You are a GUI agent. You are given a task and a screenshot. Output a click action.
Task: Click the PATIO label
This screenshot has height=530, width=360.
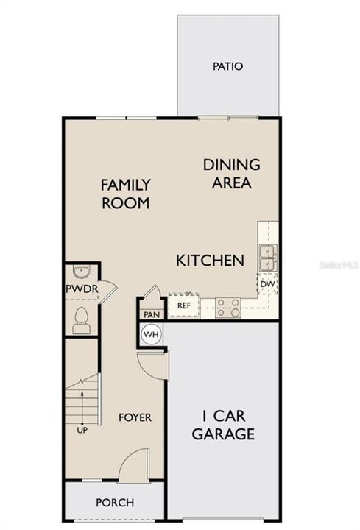[x=227, y=66]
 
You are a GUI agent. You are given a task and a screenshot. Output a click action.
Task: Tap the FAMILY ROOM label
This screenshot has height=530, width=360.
[x=126, y=194]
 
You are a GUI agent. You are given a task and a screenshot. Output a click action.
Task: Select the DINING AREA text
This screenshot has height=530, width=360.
[x=231, y=174]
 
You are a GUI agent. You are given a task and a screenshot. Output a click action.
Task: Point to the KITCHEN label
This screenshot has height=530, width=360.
[x=210, y=260]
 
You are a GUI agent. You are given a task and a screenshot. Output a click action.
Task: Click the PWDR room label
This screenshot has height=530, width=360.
[x=81, y=289]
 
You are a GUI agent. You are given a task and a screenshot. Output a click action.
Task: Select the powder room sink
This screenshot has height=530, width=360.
[x=80, y=270]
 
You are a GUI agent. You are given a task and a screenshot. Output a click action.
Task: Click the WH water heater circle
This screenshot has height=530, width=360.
[x=151, y=335]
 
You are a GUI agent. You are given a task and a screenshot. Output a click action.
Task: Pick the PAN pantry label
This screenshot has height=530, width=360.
[x=152, y=314]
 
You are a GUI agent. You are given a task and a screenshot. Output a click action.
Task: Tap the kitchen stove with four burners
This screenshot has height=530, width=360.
[x=228, y=307]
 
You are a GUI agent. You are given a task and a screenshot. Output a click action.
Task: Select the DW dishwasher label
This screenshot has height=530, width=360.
[x=267, y=283]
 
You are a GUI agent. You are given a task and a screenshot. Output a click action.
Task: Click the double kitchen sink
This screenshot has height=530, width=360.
[x=267, y=257]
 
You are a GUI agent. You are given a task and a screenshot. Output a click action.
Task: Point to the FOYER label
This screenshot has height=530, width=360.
[x=135, y=417]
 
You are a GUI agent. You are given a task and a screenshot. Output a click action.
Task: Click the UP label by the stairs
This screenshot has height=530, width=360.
[x=81, y=431]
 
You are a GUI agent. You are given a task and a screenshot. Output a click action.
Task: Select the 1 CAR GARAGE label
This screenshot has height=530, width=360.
[x=223, y=425]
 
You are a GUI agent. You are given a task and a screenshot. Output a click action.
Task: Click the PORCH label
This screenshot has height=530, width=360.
[x=116, y=503]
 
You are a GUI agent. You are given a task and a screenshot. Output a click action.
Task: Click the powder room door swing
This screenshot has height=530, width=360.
[x=107, y=290]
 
